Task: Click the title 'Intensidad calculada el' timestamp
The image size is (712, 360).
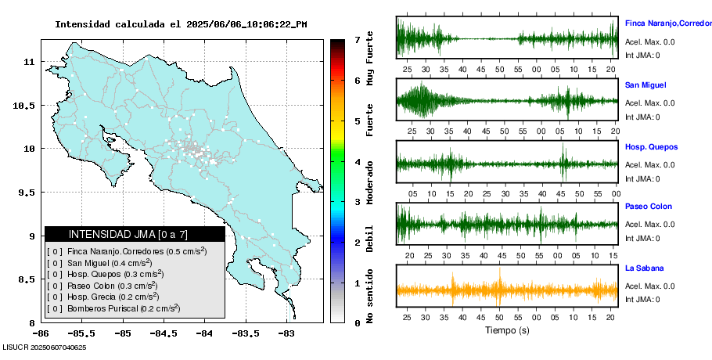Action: tap(181, 24)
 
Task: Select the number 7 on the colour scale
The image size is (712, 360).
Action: tap(357, 39)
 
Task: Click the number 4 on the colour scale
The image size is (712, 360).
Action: tap(357, 162)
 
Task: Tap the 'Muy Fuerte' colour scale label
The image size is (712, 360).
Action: tap(370, 59)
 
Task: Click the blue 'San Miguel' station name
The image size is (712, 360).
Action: tap(645, 85)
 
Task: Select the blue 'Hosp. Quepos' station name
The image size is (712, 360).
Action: tap(651, 147)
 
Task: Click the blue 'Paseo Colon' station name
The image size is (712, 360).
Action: tap(649, 207)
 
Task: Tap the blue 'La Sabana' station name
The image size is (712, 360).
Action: tap(644, 268)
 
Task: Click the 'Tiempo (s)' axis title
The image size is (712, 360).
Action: tap(507, 330)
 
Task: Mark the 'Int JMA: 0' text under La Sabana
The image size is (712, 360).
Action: tap(642, 299)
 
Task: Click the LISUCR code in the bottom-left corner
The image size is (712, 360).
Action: tap(44, 347)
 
